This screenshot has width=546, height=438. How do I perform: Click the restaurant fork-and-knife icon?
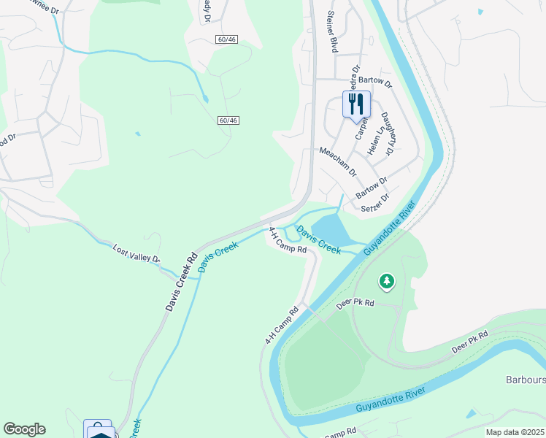coord(357,103)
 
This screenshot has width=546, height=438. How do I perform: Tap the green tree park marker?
coord(386,280)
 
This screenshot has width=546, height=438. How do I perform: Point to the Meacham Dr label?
coord(337,161)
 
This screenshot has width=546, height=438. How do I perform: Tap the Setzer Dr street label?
coord(375,202)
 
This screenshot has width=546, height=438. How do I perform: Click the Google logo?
coord(24,429)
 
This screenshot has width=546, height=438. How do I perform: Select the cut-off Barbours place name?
coord(526,380)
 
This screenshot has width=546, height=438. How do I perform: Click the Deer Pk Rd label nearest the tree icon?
coord(355,302)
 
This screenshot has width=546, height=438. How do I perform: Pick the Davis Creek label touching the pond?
coord(319,240)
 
